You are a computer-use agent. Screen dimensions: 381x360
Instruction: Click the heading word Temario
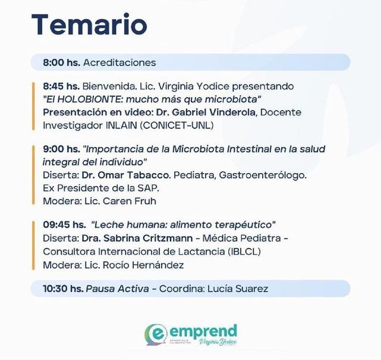pyautogui.click(x=89, y=25)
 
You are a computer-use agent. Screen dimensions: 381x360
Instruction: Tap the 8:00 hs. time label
pyautogui.click(x=61, y=62)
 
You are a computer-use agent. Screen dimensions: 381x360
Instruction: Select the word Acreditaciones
pyautogui.click(x=119, y=62)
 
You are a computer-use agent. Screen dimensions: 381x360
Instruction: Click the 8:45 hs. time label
pyautogui.click(x=61, y=86)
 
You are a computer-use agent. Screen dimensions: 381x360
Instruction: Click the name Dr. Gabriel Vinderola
pyautogui.click(x=206, y=112)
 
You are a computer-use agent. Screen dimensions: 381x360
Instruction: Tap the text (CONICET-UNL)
pyautogui.click(x=177, y=126)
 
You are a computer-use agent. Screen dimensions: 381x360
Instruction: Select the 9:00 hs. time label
pyautogui.click(x=61, y=149)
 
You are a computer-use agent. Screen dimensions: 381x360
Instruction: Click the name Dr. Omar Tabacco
pyautogui.click(x=126, y=175)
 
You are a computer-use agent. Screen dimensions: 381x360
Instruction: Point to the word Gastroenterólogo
pyautogui.click(x=263, y=175)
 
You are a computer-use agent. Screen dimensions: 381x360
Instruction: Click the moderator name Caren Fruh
pyautogui.click(x=129, y=201)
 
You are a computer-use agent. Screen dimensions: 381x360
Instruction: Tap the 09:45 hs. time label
pyautogui.click(x=64, y=225)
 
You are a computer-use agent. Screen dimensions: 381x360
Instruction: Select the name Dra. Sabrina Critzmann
pyautogui.click(x=137, y=238)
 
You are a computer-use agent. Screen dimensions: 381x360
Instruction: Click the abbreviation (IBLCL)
pyautogui.click(x=244, y=252)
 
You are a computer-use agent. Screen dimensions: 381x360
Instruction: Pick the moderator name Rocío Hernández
pyautogui.click(x=143, y=265)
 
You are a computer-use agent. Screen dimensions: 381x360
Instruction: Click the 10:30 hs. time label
pyautogui.click(x=63, y=289)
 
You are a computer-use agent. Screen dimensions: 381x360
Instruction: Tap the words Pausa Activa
pyautogui.click(x=117, y=289)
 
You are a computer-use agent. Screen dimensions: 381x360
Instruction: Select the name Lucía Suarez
pyautogui.click(x=238, y=289)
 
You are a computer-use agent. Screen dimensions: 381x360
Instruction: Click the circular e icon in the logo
pyautogui.click(x=156, y=334)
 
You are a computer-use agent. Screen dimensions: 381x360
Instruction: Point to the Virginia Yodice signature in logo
pyautogui.click(x=218, y=342)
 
